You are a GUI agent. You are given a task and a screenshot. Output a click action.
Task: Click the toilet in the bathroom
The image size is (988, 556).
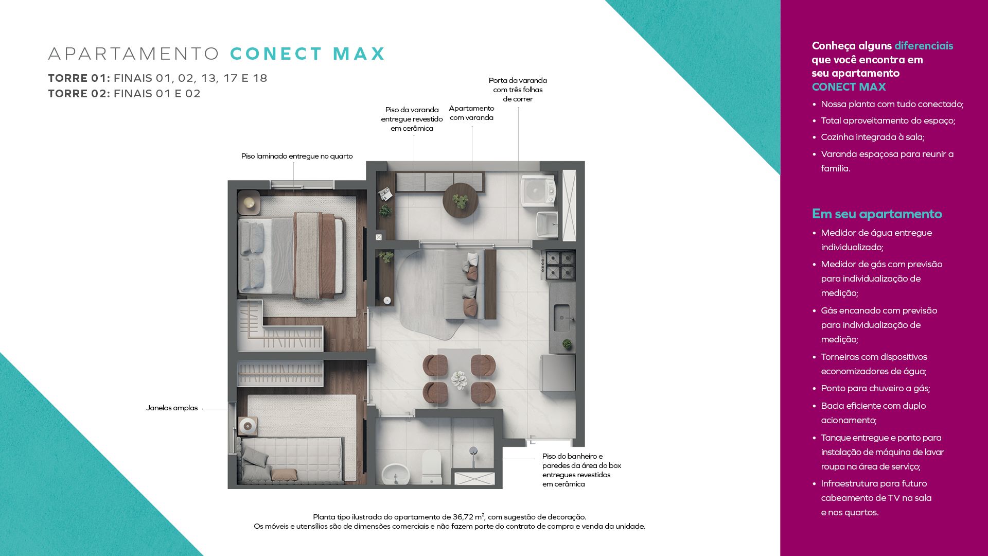[x=432, y=466]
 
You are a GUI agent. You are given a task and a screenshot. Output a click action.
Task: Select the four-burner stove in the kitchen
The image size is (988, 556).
[x=559, y=265]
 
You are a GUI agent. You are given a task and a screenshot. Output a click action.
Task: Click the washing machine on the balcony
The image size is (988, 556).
[x=538, y=191]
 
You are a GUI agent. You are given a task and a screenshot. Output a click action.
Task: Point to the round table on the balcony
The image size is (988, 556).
[x=461, y=200]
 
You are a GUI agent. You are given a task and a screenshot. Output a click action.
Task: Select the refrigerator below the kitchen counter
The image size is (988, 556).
[x=558, y=372]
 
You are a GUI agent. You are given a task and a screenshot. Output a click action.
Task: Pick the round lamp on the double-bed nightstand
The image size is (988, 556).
[x=249, y=202]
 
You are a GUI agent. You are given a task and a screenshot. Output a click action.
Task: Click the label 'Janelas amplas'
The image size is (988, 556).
[x=172, y=408]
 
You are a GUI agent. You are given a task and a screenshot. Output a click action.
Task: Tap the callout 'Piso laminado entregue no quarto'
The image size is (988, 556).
[x=297, y=156]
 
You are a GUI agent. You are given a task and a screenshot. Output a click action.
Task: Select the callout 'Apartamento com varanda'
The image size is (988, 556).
[x=471, y=113]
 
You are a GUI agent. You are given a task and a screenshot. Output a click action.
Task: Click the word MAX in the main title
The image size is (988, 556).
[x=359, y=54]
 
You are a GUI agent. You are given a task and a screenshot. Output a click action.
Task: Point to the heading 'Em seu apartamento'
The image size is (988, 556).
[x=877, y=214]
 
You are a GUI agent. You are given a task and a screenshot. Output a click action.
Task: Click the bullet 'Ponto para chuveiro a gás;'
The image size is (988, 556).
[x=875, y=388]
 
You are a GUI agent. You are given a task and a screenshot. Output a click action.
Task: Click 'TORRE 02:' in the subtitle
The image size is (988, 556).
[x=79, y=94]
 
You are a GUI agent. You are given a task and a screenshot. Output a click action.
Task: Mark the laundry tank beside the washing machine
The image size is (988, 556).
[x=546, y=223]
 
